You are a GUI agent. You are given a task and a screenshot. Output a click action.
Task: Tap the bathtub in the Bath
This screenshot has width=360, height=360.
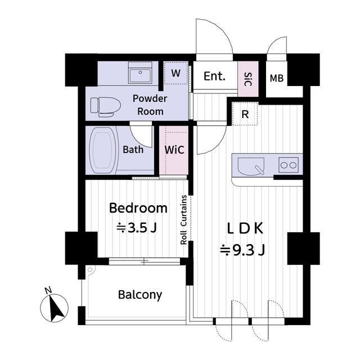(103, 150)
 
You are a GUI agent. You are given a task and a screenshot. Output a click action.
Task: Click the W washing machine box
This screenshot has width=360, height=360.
(175, 73)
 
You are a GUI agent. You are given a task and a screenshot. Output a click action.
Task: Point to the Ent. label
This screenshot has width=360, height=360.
(214, 76)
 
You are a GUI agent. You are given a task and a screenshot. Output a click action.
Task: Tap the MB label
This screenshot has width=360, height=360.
(276, 78)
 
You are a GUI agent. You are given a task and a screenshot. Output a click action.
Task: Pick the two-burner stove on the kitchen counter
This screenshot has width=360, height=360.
(289, 165)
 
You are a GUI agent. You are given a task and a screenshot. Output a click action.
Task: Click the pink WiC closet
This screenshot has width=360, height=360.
(173, 150)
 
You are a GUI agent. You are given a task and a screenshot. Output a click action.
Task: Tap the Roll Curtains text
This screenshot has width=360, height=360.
(184, 219)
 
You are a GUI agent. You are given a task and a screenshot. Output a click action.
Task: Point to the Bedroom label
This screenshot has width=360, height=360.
(138, 208)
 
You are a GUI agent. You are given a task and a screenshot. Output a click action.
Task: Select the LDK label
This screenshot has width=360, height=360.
(245, 228)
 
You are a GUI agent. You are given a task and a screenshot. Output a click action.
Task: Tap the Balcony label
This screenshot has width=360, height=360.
(140, 294)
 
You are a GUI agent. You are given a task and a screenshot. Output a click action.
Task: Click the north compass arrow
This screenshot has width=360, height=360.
(55, 307)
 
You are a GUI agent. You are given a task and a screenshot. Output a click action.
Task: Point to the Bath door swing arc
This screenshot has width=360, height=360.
(142, 134)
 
